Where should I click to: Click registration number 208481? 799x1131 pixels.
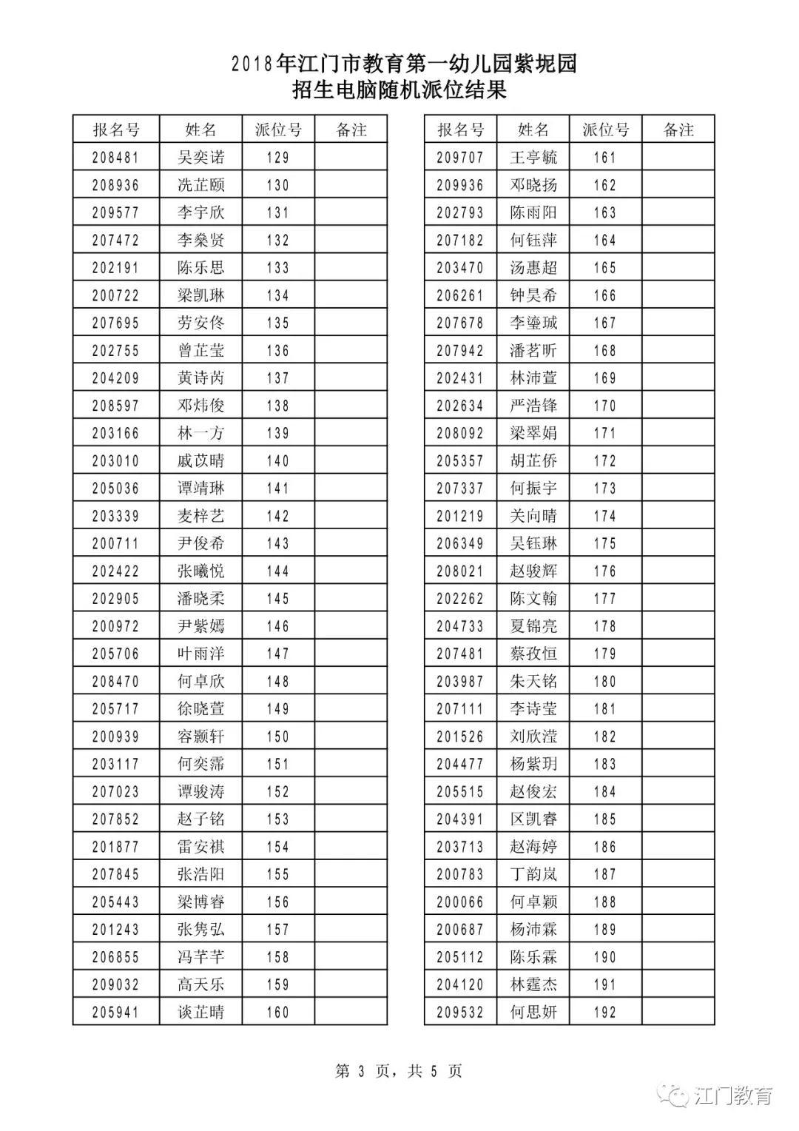115,158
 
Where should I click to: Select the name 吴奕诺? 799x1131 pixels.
200,158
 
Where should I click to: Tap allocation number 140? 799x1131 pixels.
278,461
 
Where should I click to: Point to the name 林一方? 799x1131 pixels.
200,434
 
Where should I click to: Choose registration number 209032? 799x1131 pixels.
115,984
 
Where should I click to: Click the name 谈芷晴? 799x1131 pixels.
200,1012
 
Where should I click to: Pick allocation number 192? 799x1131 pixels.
605,1012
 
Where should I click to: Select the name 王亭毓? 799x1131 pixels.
533,158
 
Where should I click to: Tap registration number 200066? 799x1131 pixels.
460,902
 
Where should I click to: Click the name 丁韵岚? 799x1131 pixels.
533,874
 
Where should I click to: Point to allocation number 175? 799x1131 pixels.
605,543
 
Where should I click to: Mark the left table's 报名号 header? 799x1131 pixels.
115,130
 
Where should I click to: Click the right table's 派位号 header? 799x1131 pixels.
605,130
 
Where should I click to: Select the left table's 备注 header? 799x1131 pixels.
351,130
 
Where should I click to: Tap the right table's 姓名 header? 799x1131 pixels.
533,130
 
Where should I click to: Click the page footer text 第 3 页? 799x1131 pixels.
363,1071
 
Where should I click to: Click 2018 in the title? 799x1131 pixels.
252,65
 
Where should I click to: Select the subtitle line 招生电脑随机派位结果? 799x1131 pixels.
399,91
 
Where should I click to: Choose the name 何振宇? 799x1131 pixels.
533,489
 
